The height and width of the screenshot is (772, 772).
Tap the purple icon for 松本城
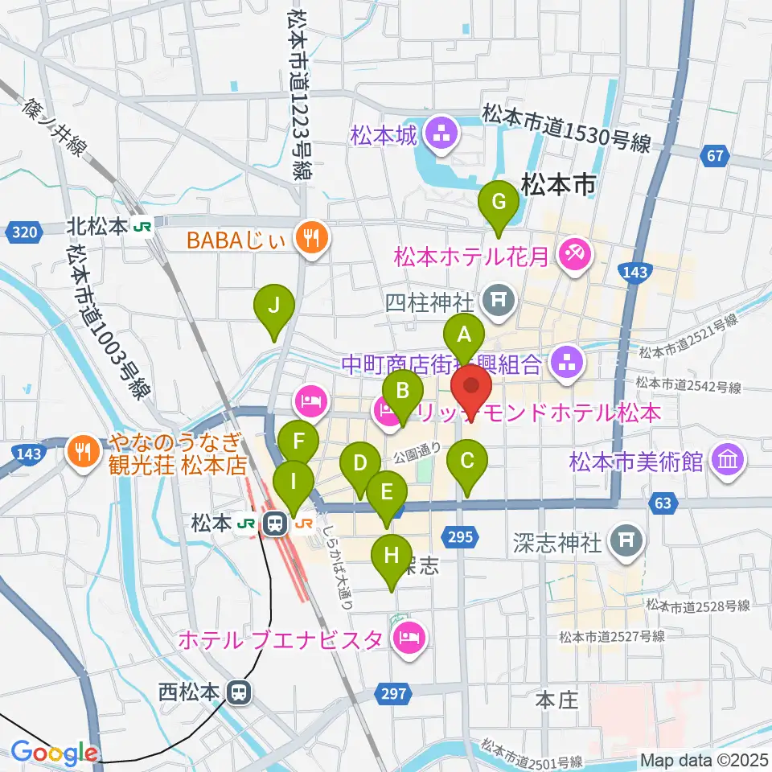point(441,134)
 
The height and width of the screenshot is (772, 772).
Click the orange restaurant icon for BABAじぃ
point(310,237)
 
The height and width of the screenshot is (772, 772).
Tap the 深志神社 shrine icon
point(625,543)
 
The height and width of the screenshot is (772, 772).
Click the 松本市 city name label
point(559,185)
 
